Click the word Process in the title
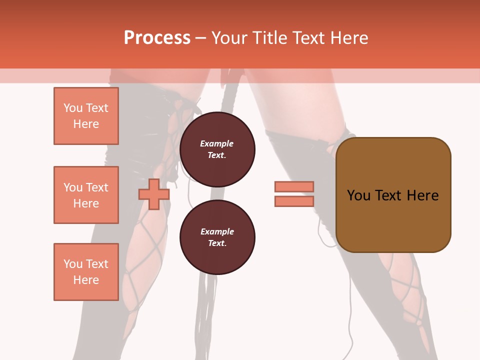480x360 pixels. tap(157, 38)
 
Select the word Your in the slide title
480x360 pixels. tap(229, 38)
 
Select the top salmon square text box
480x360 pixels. tap(86, 116)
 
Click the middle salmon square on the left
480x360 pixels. tap(86, 195)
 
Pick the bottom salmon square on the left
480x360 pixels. tap(86, 272)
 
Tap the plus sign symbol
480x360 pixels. tap(153, 194)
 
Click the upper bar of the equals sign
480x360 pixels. tap(294, 186)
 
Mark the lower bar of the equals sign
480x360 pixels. tap(294, 201)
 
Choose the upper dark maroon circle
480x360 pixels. tap(217, 149)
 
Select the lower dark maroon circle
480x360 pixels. tap(217, 237)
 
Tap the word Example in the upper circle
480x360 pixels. tap(217, 143)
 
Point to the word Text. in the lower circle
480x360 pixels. tap(217, 243)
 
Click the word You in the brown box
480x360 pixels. tap(358, 195)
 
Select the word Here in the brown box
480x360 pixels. tap(422, 195)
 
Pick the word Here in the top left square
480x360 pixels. tap(86, 124)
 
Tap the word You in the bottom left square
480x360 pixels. tap(72, 264)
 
